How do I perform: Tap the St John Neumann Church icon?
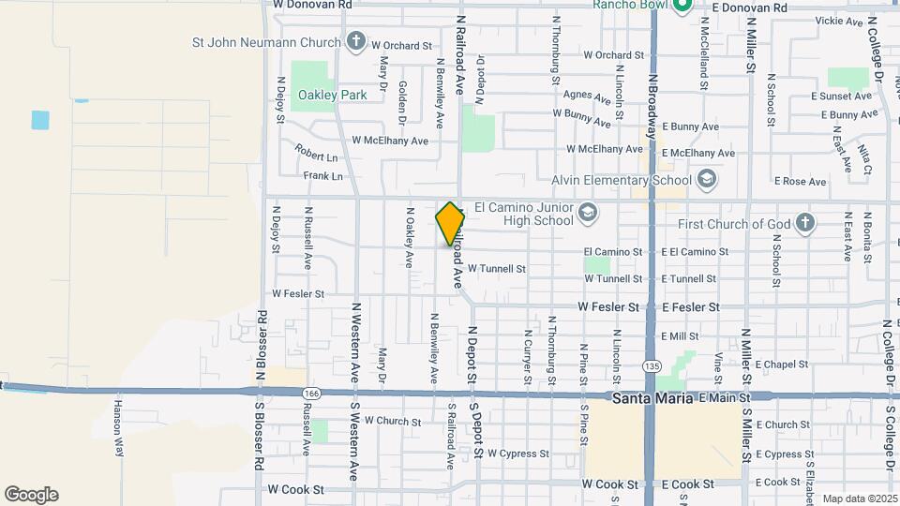coord(356,41)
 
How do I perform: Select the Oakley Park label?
coord(319,95)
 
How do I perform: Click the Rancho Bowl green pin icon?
coord(682,7)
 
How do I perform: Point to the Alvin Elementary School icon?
coord(705,179)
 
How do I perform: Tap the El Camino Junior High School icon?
coord(587,212)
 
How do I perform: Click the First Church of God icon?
coord(803,223)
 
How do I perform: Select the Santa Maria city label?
coord(652,398)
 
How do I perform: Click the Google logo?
coord(31,495)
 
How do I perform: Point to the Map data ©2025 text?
coord(860,499)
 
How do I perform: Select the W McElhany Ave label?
coord(389,141)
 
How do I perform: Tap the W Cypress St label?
coord(518,454)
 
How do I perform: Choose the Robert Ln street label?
coord(315,153)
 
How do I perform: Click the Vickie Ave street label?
coord(839,21)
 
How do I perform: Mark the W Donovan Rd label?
coord(312,5)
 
